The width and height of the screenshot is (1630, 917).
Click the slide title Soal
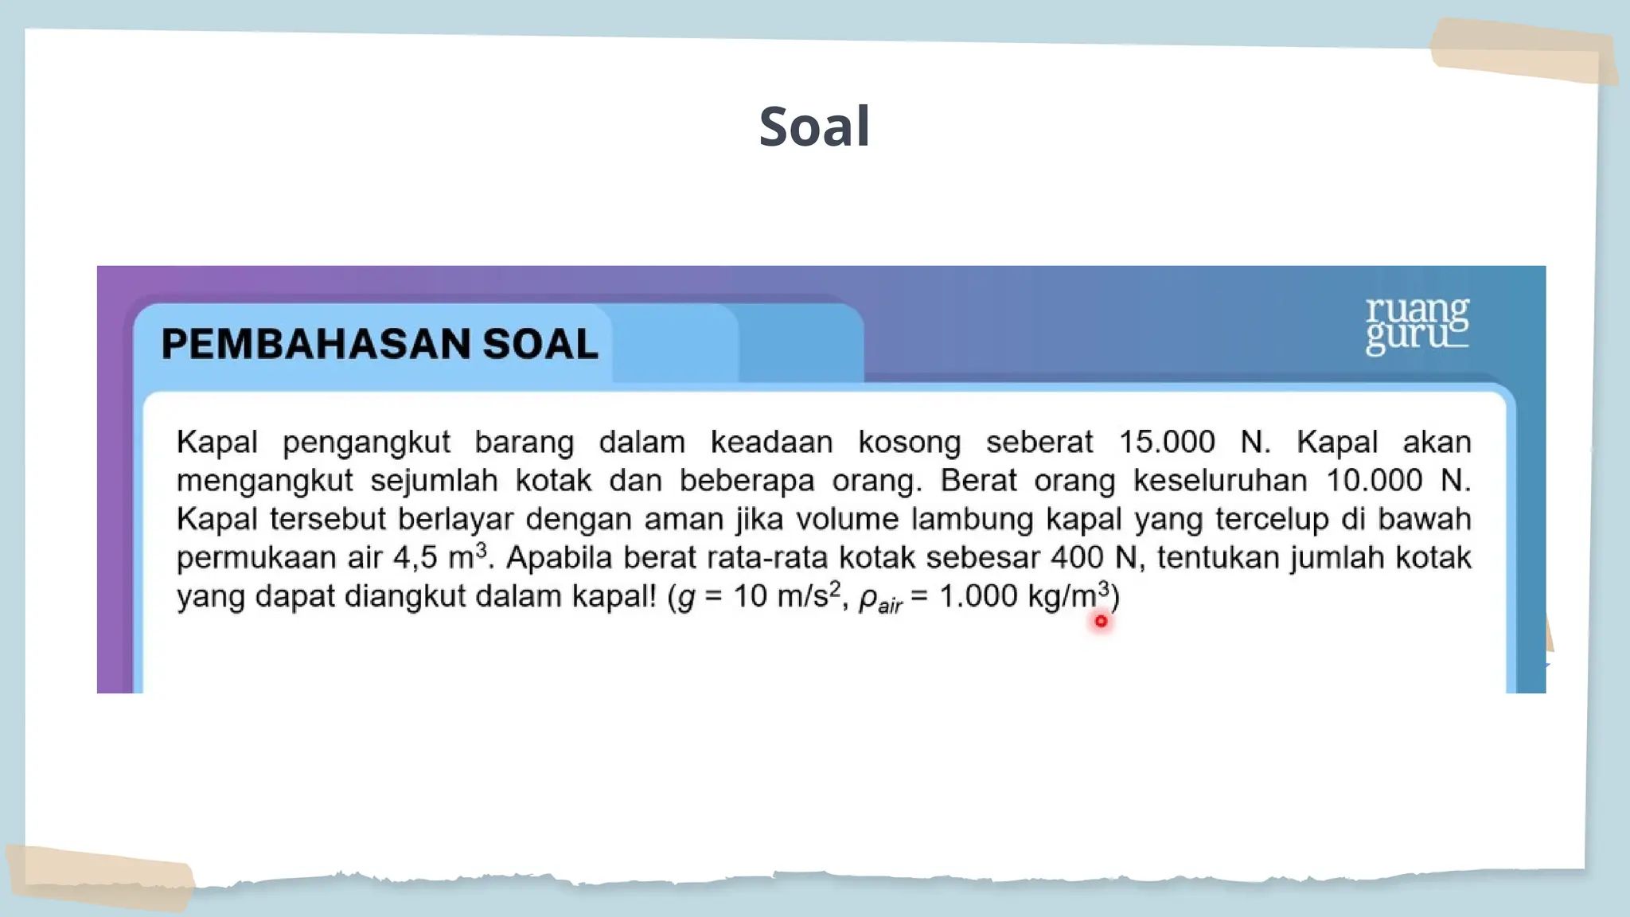click(x=814, y=127)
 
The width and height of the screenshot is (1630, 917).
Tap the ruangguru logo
click(x=1417, y=325)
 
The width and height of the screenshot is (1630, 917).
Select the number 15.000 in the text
click(x=1167, y=442)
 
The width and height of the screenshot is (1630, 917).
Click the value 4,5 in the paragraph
click(x=415, y=557)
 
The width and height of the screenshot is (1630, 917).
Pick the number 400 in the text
click(x=1077, y=557)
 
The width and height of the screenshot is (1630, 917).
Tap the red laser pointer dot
click(x=1101, y=621)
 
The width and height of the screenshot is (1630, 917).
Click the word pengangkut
click(x=366, y=443)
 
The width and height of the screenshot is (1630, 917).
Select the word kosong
click(x=909, y=443)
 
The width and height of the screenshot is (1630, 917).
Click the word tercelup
click(x=1272, y=520)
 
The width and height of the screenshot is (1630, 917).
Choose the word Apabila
click(x=560, y=557)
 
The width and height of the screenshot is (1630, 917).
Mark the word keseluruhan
click(x=1220, y=481)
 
